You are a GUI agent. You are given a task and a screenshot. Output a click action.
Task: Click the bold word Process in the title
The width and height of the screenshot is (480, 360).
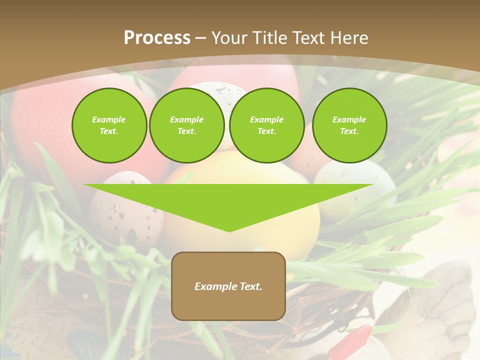[x=157, y=38]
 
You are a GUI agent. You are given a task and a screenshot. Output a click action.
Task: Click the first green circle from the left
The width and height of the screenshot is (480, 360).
[x=109, y=125]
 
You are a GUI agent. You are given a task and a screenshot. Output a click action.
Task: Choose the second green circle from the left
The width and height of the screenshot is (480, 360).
[x=187, y=125]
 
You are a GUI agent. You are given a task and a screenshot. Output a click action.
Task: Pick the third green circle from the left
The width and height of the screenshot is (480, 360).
[x=267, y=125]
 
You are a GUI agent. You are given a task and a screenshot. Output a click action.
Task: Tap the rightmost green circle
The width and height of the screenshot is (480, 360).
[x=349, y=125]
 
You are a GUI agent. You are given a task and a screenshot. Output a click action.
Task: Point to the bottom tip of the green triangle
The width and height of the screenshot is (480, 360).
[x=229, y=230]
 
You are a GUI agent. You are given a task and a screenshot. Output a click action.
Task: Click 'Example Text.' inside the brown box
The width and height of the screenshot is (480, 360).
[x=228, y=286]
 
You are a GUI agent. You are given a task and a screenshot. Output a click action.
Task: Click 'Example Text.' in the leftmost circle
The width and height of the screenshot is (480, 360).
[x=109, y=125]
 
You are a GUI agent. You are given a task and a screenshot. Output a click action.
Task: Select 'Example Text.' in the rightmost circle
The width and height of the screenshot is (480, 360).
[x=349, y=125]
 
